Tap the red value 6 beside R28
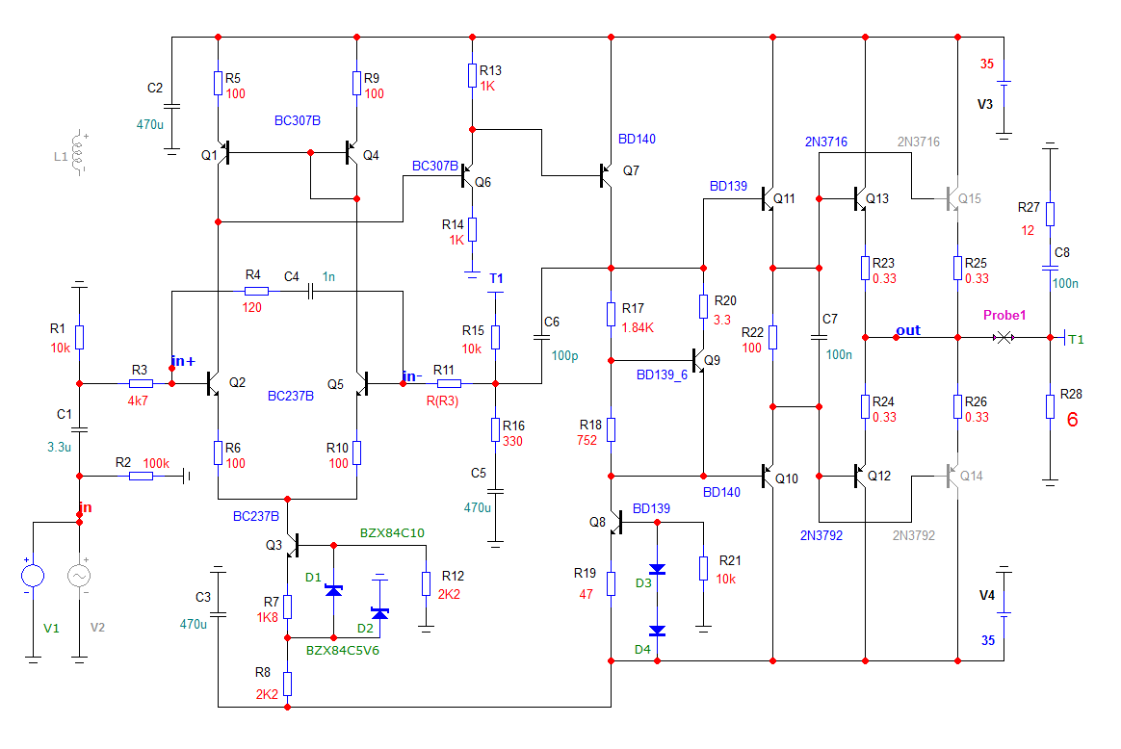tap(1072, 420)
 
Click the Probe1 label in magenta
tap(1004, 316)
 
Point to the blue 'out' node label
tap(908, 330)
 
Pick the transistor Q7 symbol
tap(606, 174)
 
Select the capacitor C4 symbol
tap(311, 290)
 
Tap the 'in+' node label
tap(183, 361)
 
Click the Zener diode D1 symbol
tap(333, 589)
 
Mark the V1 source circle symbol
tap(33, 576)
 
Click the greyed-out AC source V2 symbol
tap(79, 576)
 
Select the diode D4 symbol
tap(657, 632)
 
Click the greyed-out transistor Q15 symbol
tap(952, 199)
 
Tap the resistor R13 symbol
tap(472, 75)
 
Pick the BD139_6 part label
tap(663, 374)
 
